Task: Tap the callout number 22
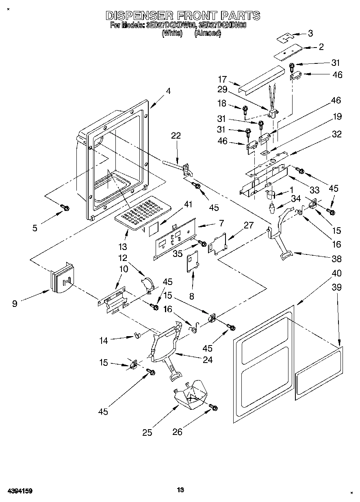tap(176, 136)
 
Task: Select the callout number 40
tap(336, 273)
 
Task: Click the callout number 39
tap(336, 287)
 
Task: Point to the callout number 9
tap(15, 303)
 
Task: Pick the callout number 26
tap(178, 432)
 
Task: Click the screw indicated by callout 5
tap(65, 208)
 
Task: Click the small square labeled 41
tap(153, 229)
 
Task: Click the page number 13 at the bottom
tap(181, 490)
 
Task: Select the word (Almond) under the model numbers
tap(207, 34)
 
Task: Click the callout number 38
tap(336, 259)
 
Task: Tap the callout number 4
tap(168, 91)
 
